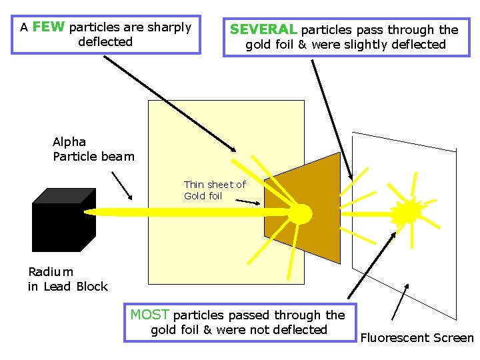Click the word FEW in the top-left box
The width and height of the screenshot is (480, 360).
tap(49, 27)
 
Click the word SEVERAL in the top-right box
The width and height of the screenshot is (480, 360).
tap(263, 29)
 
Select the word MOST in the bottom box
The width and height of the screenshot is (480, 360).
tap(149, 315)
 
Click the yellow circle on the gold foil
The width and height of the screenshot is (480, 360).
tap(299, 213)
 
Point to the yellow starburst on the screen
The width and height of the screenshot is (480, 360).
tap(406, 212)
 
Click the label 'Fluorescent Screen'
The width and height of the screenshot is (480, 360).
tap(417, 338)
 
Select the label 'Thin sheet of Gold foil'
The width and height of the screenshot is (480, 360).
tap(215, 190)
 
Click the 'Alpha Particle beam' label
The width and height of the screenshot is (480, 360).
tap(93, 149)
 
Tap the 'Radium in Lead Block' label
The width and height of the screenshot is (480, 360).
tap(67, 279)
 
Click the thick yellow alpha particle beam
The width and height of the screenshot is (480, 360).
tap(187, 212)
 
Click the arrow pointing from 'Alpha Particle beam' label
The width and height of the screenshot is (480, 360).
tap(121, 185)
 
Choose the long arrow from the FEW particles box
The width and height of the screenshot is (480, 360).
tap(170, 103)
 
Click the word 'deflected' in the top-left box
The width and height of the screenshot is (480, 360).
tap(105, 42)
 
